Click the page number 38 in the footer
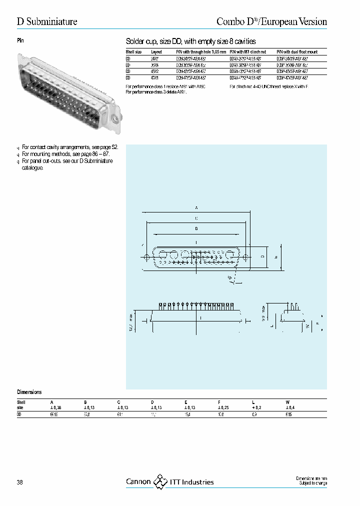click(x=19, y=482)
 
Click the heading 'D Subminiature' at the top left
click(x=47, y=21)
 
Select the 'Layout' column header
click(x=156, y=51)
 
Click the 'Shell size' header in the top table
click(x=133, y=51)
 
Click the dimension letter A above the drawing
click(x=196, y=206)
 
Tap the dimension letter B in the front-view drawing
click(x=196, y=228)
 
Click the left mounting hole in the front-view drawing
click(x=146, y=257)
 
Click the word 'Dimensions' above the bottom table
click(x=29, y=392)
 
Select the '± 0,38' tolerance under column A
click(x=55, y=408)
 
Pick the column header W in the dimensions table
click(x=287, y=402)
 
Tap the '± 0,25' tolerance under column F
click(x=223, y=408)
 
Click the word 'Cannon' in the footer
click(x=138, y=482)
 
